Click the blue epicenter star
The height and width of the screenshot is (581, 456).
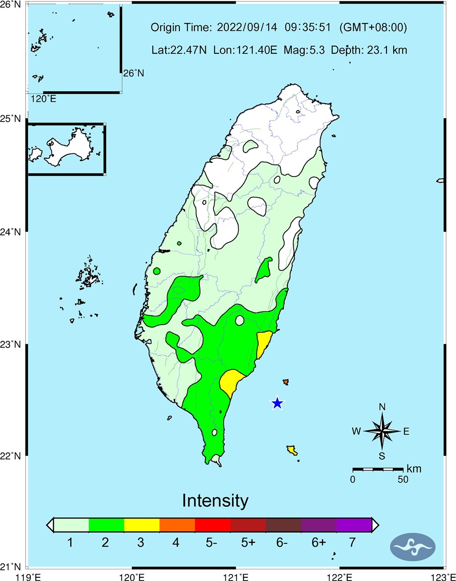[277, 403]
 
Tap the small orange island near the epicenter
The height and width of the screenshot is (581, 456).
[285, 382]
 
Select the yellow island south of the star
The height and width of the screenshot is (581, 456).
[292, 450]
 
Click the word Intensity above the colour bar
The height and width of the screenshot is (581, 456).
[215, 501]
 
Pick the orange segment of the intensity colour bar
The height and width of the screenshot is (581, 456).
[177, 525]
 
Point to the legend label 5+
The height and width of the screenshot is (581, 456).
[248, 543]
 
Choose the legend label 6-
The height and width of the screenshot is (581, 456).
[282, 543]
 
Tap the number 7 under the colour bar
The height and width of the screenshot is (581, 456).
[352, 543]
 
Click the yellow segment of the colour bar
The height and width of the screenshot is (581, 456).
[142, 525]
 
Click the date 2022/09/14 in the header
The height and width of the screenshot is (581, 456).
[247, 28]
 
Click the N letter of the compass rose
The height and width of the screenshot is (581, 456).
[382, 407]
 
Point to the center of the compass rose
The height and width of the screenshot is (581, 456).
[382, 431]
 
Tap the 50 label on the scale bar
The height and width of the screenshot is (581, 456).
[403, 480]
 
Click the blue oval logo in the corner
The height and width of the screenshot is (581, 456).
[412, 546]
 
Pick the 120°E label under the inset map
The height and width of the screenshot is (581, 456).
[44, 99]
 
